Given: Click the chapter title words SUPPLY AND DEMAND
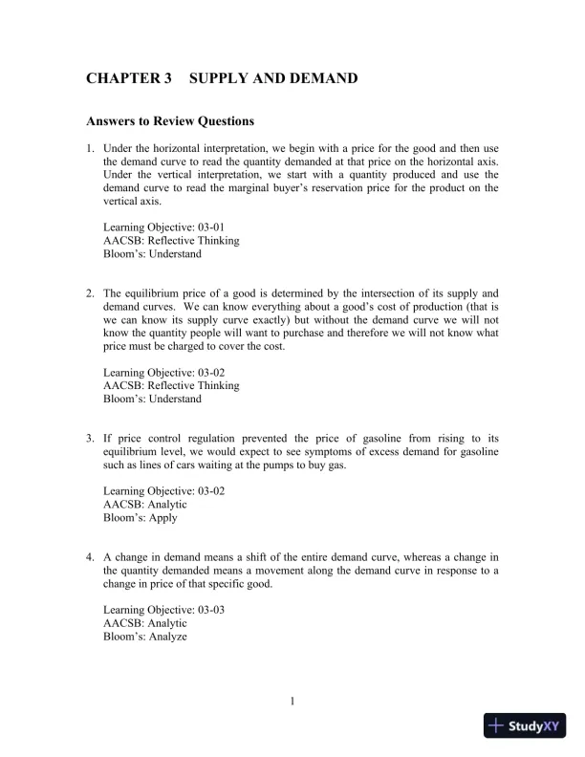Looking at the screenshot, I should click(x=273, y=77).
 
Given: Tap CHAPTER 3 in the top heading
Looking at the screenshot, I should click(x=128, y=77).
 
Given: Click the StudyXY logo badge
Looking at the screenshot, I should click(x=525, y=725).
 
